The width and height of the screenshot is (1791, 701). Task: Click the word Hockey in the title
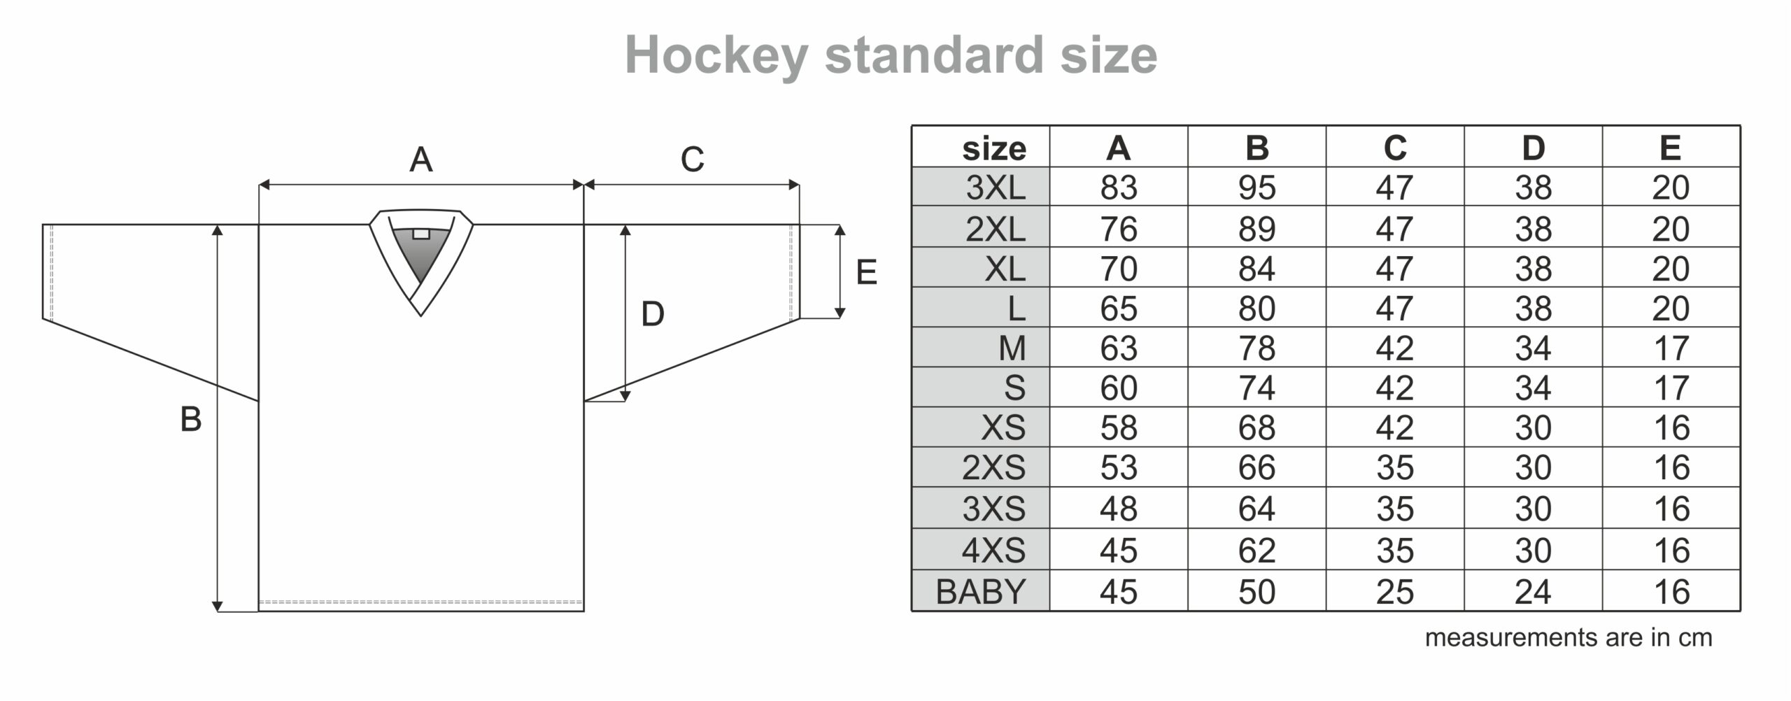(x=716, y=56)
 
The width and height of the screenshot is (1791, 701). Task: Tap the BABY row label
(x=980, y=592)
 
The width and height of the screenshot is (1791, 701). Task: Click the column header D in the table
(x=1533, y=148)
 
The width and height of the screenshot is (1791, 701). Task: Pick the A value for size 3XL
(x=1118, y=187)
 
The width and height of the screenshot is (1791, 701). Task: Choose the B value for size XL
(x=1256, y=269)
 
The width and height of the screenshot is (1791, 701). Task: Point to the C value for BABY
(x=1395, y=592)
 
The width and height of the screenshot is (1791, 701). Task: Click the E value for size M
(x=1671, y=348)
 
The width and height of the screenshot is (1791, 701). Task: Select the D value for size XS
(x=1533, y=427)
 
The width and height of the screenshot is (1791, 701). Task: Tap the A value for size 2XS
(x=1118, y=467)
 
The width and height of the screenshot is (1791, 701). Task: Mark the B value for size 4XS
(x=1256, y=551)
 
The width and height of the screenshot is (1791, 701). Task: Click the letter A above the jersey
(x=420, y=160)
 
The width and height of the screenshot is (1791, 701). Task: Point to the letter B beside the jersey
(x=191, y=420)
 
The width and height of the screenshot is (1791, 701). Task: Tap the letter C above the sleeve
(x=692, y=160)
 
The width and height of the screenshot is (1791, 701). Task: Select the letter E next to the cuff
(x=866, y=272)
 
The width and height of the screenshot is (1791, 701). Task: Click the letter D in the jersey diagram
(x=652, y=314)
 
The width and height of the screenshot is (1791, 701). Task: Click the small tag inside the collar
(x=421, y=234)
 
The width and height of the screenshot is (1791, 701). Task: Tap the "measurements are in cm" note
(x=1568, y=638)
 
